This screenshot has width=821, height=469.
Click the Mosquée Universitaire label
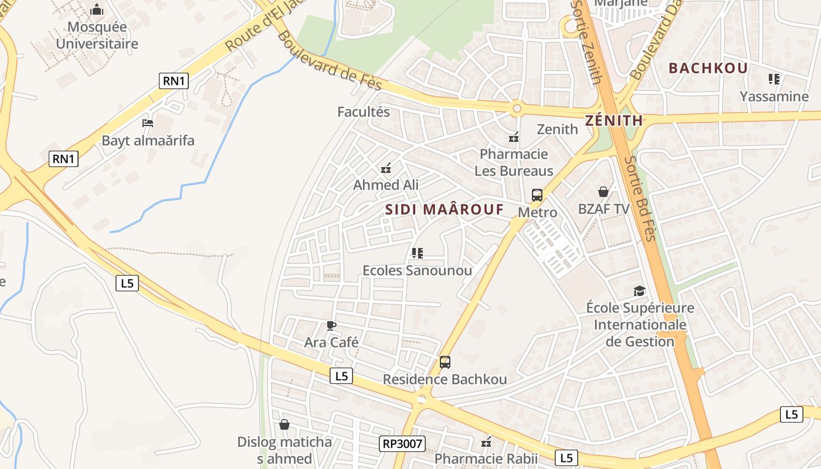point(97,35)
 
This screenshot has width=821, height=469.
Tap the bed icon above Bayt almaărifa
point(148,123)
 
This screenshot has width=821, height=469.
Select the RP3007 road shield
point(402,444)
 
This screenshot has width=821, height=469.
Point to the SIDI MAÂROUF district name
point(445,209)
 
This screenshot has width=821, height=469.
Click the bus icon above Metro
point(537,195)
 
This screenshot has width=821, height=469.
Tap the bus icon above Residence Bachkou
point(445,362)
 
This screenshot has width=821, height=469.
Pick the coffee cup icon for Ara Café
point(331,325)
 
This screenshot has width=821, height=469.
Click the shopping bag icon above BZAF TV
point(603,192)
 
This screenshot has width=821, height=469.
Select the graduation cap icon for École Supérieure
point(639,291)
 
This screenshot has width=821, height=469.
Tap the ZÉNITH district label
point(613,121)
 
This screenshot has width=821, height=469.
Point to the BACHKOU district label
point(708,68)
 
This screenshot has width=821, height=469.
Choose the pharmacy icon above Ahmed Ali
point(386,169)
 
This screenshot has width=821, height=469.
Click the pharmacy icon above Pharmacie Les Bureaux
point(514,138)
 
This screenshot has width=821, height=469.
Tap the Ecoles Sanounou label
point(417,270)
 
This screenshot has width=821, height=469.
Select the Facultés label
point(364,111)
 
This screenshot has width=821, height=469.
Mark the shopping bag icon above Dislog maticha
point(284,424)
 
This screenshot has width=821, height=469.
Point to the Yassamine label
point(773,96)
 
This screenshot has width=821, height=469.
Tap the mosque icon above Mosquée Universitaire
point(97,10)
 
